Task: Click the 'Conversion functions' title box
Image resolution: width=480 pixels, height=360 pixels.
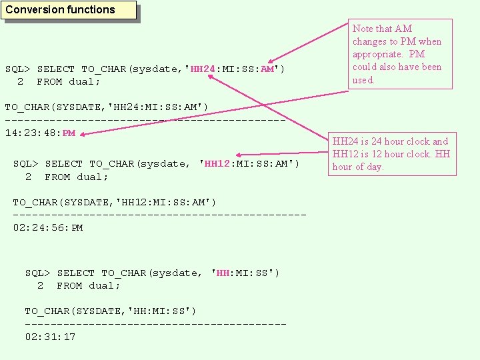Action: pyautogui.click(x=69, y=10)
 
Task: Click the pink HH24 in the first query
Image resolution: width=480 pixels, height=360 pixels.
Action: pyautogui.click(x=203, y=69)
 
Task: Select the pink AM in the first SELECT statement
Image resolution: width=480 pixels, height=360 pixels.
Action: pyautogui.click(x=268, y=69)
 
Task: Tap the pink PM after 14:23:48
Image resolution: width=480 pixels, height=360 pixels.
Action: pyautogui.click(x=69, y=133)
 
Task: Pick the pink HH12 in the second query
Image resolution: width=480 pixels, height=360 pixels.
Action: pyautogui.click(x=217, y=163)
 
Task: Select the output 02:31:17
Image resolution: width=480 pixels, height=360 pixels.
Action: pyautogui.click(x=50, y=337)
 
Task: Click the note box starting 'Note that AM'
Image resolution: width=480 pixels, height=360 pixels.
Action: pyautogui.click(x=398, y=54)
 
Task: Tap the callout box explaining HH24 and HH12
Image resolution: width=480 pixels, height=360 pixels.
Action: pyautogui.click(x=392, y=154)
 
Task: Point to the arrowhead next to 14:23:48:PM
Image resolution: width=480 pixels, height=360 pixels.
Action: pyautogui.click(x=85, y=133)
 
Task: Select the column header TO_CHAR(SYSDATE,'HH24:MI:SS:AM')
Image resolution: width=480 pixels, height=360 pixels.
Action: pyautogui.click(x=107, y=107)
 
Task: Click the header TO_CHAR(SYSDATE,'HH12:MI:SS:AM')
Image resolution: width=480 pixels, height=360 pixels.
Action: pyautogui.click(x=115, y=202)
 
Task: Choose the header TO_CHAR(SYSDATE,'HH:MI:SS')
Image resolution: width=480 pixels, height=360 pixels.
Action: pyautogui.click(x=111, y=311)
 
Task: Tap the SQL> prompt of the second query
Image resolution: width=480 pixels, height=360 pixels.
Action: pyautogui.click(x=26, y=163)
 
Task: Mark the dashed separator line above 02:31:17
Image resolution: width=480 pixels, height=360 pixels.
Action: pyautogui.click(x=155, y=324)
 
